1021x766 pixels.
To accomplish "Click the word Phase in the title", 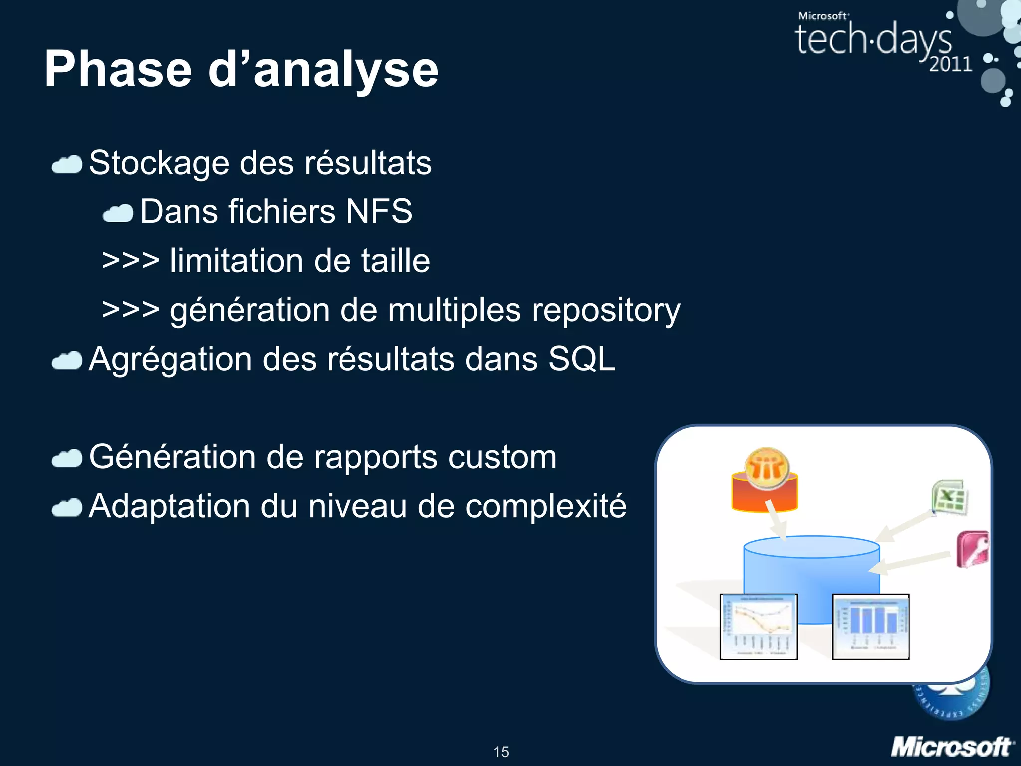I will coord(118,70).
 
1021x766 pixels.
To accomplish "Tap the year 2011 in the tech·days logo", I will coord(950,64).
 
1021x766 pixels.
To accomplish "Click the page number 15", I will coord(501,752).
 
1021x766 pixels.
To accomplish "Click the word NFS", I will coord(379,211).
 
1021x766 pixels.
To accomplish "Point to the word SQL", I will coord(582,359).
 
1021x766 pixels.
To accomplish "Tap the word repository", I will coord(606,310).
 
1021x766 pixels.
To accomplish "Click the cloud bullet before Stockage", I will coord(67,165).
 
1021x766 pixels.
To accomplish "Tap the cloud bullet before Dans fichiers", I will coord(118,213).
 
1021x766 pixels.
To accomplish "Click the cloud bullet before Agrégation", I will coord(67,361).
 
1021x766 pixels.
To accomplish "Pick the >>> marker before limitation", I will coord(130,260).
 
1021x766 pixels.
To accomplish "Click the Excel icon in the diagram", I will coord(950,497).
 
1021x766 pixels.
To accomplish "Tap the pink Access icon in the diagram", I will coord(973,549).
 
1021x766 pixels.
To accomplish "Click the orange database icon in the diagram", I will coord(765,481).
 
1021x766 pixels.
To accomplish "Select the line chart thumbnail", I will coord(758,627).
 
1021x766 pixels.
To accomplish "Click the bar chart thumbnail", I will coord(870,627).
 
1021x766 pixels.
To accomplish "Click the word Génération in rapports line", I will coord(171,457).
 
